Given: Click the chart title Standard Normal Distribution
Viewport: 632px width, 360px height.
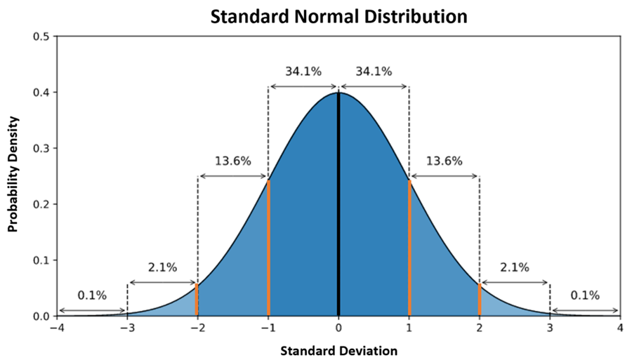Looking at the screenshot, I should click(338, 16).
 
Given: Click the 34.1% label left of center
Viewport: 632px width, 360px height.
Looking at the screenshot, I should click(303, 71).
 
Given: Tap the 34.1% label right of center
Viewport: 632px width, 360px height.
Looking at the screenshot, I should click(374, 71).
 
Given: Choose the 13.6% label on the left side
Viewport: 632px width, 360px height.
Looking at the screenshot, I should click(232, 161).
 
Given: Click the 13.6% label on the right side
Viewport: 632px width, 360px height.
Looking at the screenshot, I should click(444, 161).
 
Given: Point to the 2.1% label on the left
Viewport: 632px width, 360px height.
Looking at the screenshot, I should click(162, 267).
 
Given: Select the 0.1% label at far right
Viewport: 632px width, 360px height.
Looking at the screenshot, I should click(585, 295).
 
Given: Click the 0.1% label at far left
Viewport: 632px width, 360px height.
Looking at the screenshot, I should click(92, 295).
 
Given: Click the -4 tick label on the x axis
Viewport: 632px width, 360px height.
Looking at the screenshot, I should click(56, 328).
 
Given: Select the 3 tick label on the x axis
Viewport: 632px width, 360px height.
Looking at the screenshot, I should click(550, 328).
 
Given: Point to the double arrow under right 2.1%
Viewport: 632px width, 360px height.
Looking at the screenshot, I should click(515, 283).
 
